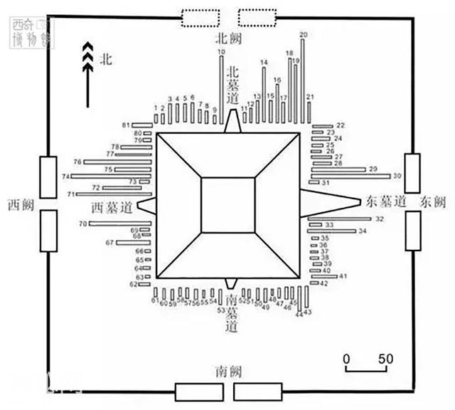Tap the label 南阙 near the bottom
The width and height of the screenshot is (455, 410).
pos(227,371)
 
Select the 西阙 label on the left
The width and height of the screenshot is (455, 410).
pos(20,204)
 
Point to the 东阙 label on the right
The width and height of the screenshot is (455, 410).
pos(432,201)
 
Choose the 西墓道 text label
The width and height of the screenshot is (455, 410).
pos(112,209)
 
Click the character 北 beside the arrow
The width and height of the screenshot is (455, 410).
pos(106,61)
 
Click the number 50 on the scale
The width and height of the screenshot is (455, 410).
pos(385,358)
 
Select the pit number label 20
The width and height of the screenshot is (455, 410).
pos(304,34)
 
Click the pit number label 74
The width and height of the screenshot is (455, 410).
pos(65,176)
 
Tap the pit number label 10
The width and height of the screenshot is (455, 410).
pos(221,52)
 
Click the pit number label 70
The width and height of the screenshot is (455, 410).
pos(82,224)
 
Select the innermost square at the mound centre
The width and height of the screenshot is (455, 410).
pos(227,205)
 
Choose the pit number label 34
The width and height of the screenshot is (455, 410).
pos(363,231)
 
